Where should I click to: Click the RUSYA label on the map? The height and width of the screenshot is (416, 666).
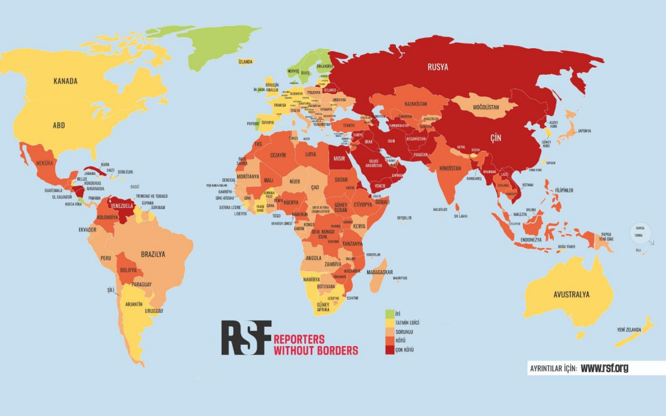click(438, 67)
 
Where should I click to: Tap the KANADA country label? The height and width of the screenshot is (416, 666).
click(65, 81)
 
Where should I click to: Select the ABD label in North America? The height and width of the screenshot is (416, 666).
click(58, 125)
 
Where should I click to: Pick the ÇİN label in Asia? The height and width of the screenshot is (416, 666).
click(495, 138)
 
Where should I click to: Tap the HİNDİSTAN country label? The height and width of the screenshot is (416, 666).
click(450, 168)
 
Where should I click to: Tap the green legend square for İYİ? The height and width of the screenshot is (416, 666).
click(389, 314)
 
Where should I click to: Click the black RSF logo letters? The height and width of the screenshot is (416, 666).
click(245, 337)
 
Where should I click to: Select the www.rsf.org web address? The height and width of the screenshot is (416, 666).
click(604, 368)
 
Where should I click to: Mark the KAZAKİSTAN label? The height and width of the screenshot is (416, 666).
click(415, 104)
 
